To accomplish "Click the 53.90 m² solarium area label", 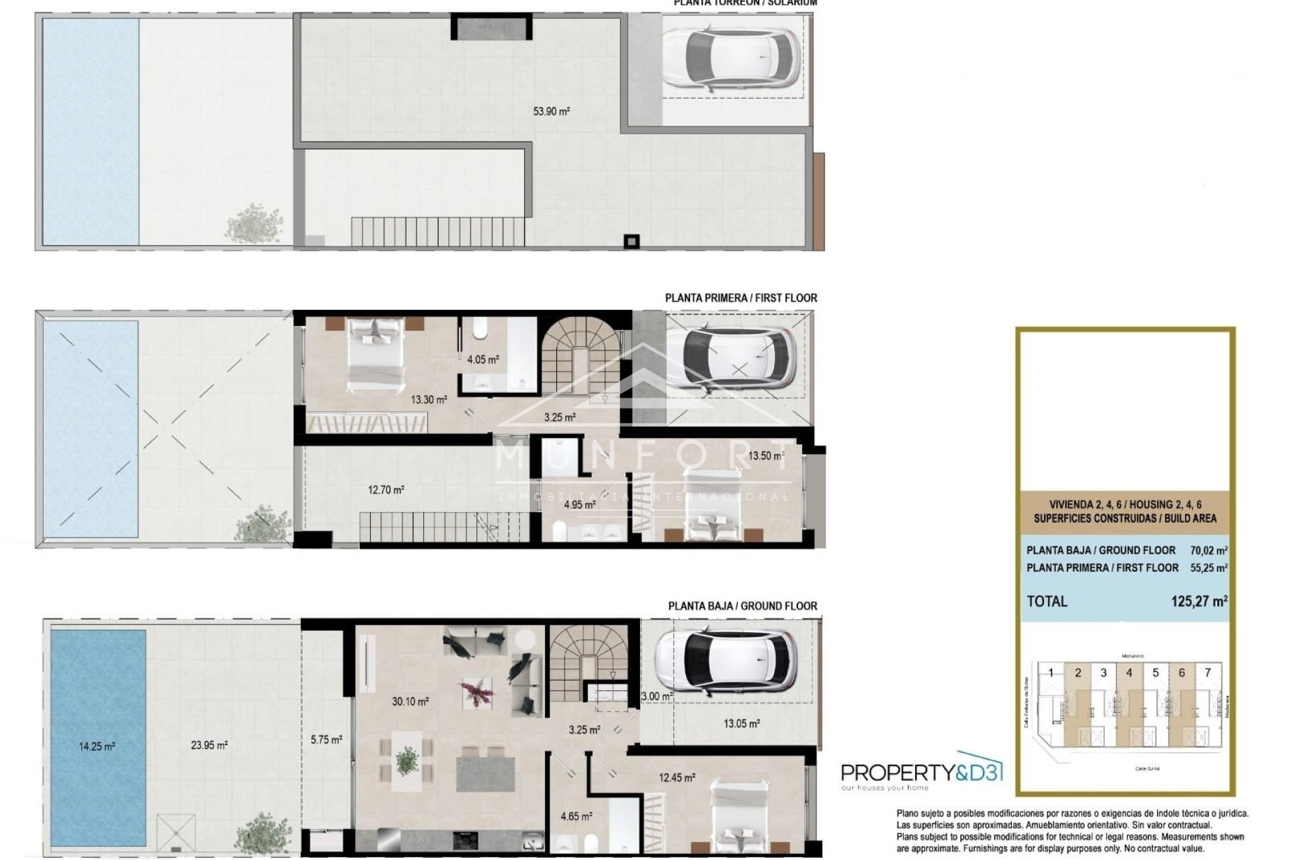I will pos(551,112).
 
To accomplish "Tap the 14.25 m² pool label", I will pos(97,746).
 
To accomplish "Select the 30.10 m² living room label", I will pos(410,701).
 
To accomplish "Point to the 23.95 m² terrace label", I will pos(209,744).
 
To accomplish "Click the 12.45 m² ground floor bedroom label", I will pos(677,777).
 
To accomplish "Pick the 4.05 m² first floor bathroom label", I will pos(483,359).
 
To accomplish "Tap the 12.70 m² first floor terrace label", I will pos(386,490).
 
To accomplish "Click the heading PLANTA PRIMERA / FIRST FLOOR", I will pos(741,298).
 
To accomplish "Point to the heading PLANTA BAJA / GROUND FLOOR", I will pos(742,605).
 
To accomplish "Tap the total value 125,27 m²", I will pos(1199,601).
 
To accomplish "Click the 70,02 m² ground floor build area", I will pos(1208,550).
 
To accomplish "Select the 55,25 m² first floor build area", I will pos(1208,568).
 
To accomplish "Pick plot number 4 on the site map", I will pos(1148,673).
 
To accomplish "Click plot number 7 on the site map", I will pos(1207,673).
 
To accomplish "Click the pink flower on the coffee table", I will pos(476,692).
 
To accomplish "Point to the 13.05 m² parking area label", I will pos(741,724).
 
